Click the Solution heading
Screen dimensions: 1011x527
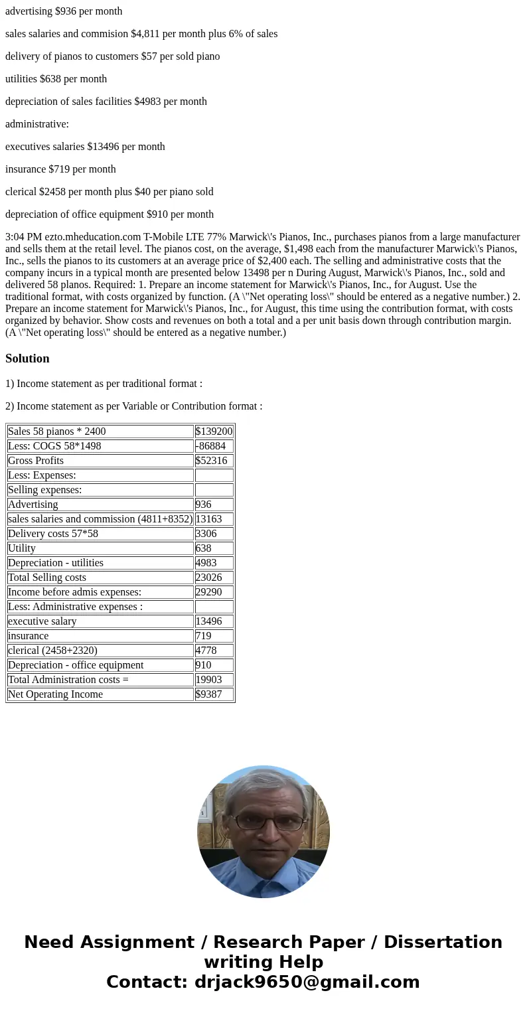(x=27, y=358)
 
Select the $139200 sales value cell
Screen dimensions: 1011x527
(x=214, y=431)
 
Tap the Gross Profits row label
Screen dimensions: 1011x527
(x=36, y=461)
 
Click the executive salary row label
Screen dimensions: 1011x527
(x=42, y=621)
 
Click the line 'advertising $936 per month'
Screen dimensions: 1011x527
(x=64, y=11)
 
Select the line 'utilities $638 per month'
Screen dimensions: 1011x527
(x=56, y=79)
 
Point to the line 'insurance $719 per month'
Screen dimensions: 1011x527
(x=60, y=169)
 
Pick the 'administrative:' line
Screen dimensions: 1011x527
(x=37, y=124)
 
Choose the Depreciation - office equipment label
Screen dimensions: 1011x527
(x=76, y=665)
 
